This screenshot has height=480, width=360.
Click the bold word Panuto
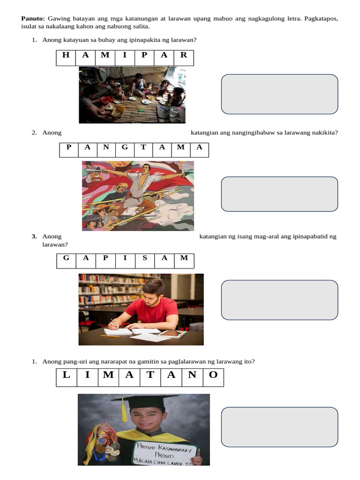coord(33,19)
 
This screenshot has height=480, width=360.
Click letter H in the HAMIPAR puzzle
coord(66,55)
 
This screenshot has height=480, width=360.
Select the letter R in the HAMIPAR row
coord(183,55)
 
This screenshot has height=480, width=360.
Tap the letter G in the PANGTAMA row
coord(125,147)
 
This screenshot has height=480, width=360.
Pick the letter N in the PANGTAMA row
coord(106,147)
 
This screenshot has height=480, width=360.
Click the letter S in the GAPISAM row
coord(144,258)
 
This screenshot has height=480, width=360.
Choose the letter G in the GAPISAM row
coord(66,258)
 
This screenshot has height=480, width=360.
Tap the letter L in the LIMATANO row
coord(66,375)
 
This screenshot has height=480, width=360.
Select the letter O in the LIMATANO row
coord(213,375)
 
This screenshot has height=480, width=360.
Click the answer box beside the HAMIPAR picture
coord(279,94)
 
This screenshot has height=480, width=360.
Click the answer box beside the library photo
coord(279,300)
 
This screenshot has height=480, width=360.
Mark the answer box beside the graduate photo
coord(279,427)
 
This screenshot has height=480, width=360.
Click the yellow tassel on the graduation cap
coord(124,410)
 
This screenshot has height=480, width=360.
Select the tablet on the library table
coord(172,334)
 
